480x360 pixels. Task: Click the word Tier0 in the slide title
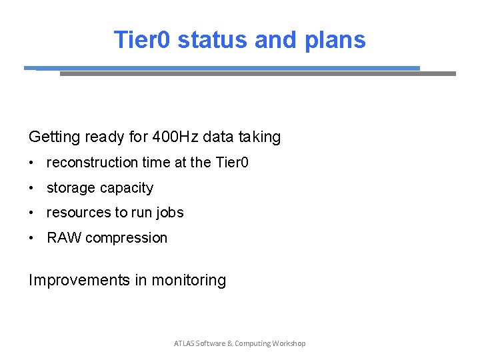[143, 40]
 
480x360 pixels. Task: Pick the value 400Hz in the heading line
[175, 137]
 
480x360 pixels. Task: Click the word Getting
[53, 137]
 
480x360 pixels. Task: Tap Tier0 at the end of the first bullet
[232, 163]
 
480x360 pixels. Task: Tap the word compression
[127, 238]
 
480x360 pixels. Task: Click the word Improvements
[79, 281]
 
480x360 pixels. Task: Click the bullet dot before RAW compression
[32, 238]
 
